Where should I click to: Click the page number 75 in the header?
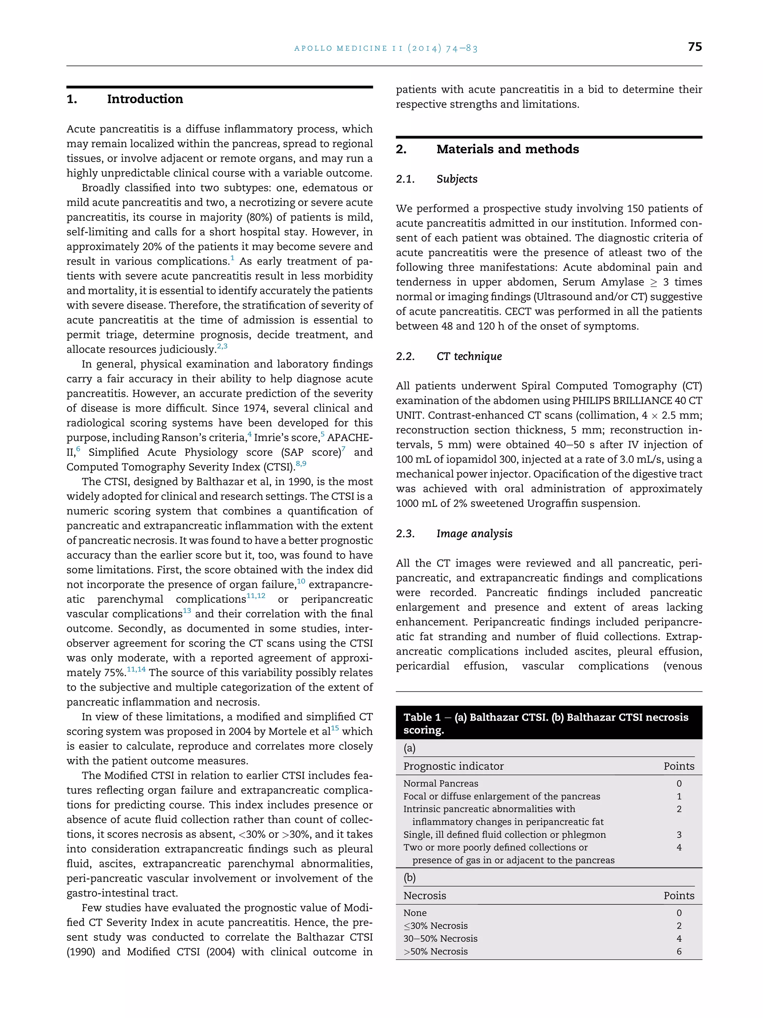point(694,47)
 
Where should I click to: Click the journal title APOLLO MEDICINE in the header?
point(341,48)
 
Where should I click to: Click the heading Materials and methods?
point(507,149)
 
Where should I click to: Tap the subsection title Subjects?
point(457,179)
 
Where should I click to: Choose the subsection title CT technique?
point(469,356)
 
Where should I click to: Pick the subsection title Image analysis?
point(474,533)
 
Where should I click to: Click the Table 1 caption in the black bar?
point(545,724)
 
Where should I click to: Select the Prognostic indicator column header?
point(453,766)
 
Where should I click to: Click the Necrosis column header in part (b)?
point(424,896)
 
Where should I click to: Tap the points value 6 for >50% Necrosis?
point(679,951)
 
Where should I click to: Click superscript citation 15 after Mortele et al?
point(335,728)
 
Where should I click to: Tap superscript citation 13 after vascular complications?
point(187,611)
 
